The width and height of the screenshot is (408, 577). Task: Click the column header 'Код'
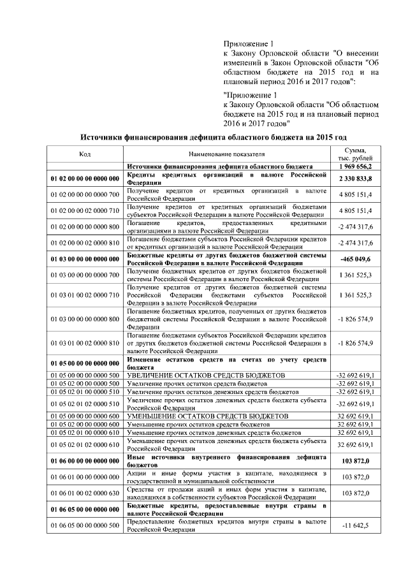(x=85, y=154)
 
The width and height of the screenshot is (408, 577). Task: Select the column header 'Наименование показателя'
(x=226, y=154)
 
